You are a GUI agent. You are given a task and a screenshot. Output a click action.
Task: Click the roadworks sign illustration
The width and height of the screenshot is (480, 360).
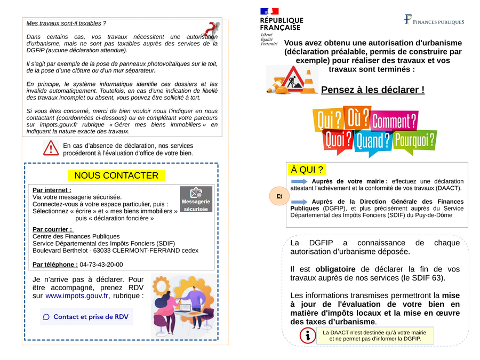tap(292, 80)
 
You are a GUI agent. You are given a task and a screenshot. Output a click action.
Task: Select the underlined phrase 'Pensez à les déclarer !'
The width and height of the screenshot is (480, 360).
tap(373, 90)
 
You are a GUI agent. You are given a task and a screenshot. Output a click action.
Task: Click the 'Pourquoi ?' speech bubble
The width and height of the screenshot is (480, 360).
tap(414, 140)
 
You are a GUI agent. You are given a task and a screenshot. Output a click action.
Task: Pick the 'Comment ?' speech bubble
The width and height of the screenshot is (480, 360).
tap(394, 121)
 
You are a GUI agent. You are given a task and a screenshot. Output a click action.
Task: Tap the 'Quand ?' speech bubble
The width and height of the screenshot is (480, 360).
tap(373, 141)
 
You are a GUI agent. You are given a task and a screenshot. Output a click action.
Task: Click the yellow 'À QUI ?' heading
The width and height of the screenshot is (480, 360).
tap(308, 170)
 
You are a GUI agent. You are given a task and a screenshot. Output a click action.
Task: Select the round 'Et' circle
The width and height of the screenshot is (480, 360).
tap(279, 196)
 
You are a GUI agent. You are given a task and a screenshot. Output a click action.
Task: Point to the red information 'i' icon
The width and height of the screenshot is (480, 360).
tap(308, 335)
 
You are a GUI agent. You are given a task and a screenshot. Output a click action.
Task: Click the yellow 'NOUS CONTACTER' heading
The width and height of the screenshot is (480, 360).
tap(116, 175)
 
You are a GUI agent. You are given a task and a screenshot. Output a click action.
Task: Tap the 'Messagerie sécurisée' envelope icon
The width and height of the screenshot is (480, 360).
tap(196, 199)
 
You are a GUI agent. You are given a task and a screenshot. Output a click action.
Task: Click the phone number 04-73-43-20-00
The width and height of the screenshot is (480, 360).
tap(101, 265)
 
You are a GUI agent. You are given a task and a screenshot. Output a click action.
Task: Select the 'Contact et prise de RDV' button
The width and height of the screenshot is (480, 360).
tap(86, 317)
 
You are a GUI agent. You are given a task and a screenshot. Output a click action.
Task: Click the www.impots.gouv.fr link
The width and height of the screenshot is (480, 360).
tap(76, 295)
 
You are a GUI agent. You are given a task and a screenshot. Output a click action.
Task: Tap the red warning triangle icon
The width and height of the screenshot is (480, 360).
tap(51, 148)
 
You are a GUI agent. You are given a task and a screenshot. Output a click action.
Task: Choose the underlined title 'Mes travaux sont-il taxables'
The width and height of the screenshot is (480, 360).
tap(63, 23)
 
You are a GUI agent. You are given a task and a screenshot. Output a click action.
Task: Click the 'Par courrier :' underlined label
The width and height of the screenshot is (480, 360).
tap(52, 229)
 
